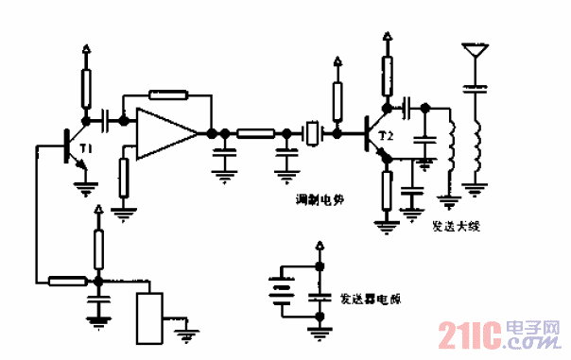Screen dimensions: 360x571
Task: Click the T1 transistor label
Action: (x=86, y=149)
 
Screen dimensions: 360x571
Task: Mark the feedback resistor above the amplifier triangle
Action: (x=168, y=94)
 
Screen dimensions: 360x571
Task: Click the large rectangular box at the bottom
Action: (x=150, y=318)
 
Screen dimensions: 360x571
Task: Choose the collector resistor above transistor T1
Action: (x=87, y=89)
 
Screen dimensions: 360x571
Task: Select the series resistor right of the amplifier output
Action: (x=255, y=133)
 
